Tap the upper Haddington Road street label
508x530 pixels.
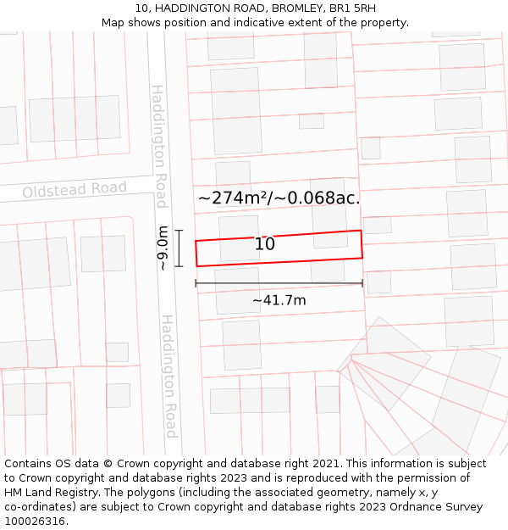(159, 146)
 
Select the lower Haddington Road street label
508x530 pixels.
(169, 377)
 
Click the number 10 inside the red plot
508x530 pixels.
(265, 244)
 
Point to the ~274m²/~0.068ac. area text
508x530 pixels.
(279, 198)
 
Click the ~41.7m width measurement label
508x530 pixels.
(279, 300)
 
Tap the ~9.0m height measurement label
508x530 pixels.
(163, 248)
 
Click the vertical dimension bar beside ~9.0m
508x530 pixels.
(179, 248)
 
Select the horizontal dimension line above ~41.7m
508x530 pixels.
(279, 283)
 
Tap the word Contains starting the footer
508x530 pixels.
(30, 464)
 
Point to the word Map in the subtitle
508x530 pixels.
(113, 22)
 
